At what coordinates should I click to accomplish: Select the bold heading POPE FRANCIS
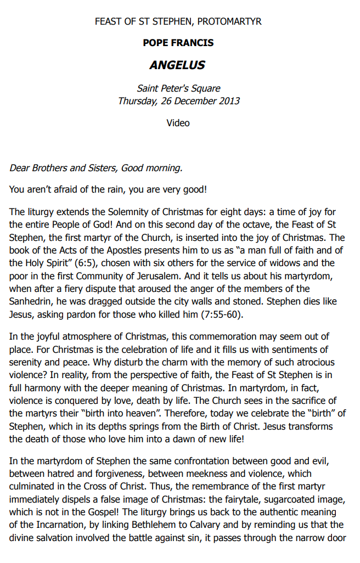click(x=178, y=43)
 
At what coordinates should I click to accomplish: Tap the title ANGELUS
click(x=177, y=65)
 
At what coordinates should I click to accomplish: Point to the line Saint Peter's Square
click(x=178, y=88)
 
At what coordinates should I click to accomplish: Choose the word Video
click(x=178, y=123)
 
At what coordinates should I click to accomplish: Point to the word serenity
click(x=26, y=362)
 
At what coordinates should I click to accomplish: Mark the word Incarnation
click(x=57, y=526)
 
